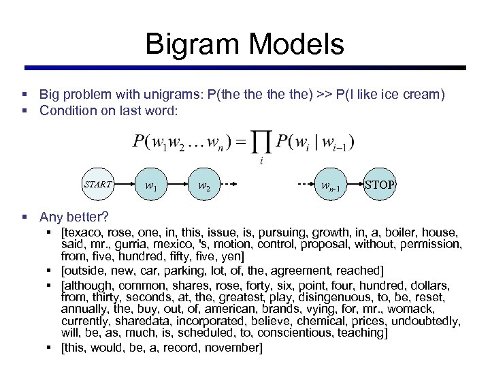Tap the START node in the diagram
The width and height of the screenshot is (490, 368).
97,184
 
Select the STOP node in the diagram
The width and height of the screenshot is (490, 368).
379,185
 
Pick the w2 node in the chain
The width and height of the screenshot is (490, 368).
203,185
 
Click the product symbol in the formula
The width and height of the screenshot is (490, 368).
261,144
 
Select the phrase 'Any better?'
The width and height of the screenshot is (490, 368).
73,217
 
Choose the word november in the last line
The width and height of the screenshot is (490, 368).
235,348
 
